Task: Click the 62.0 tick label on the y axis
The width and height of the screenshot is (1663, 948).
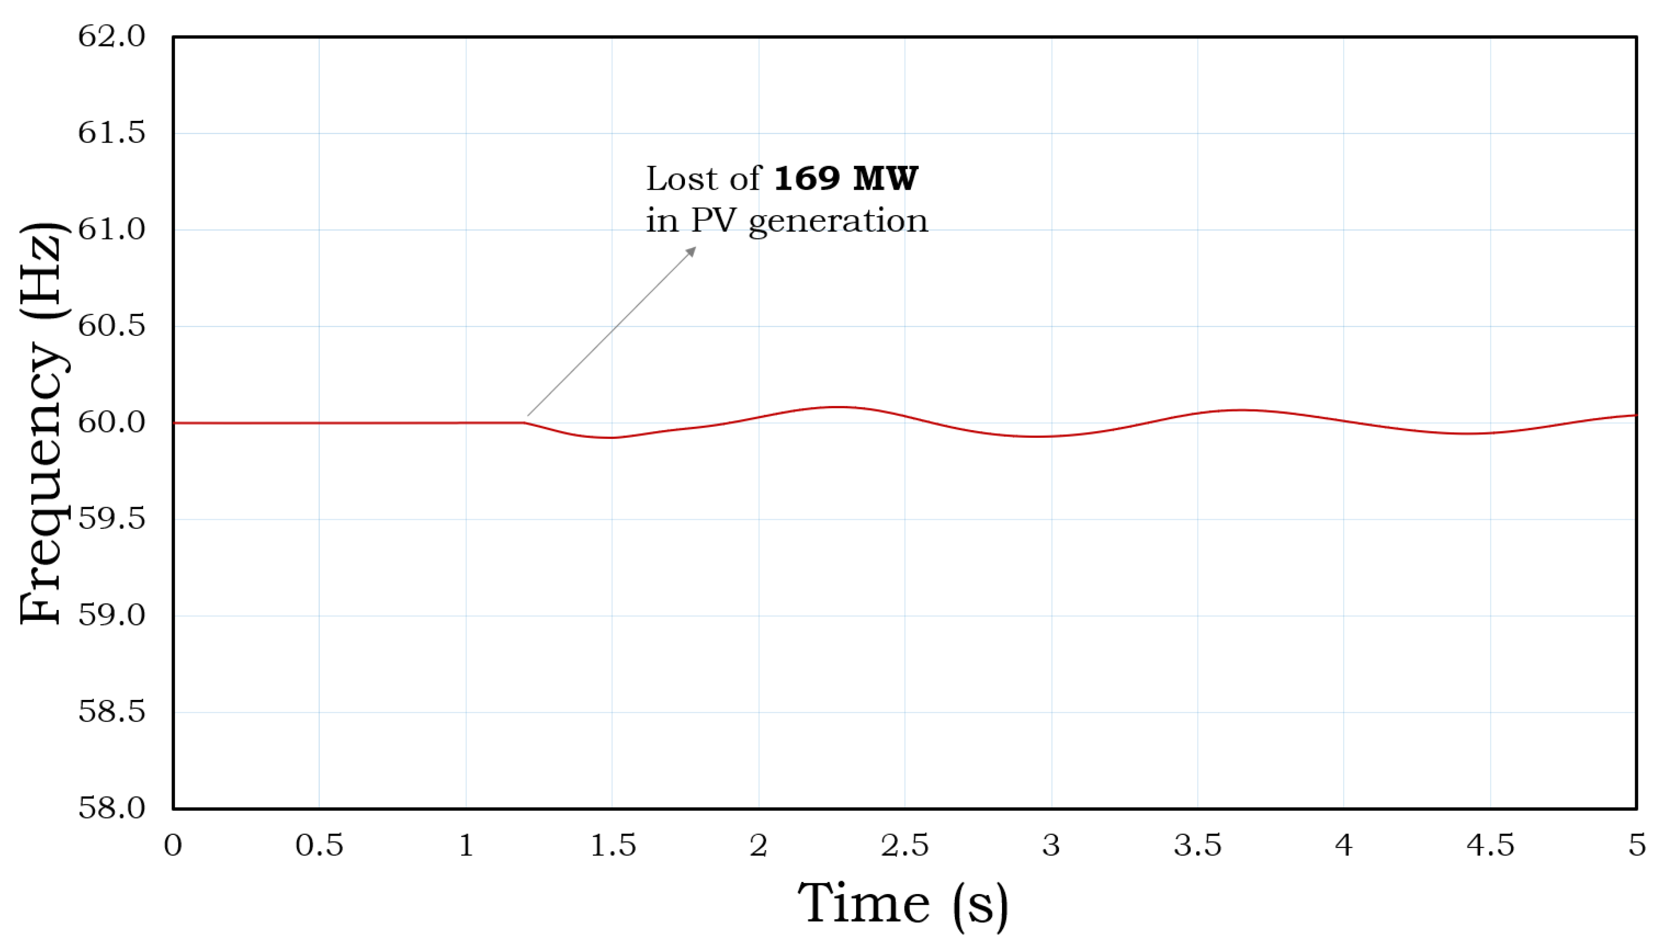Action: [x=111, y=37]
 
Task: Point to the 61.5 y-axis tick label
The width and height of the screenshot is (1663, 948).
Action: [x=111, y=133]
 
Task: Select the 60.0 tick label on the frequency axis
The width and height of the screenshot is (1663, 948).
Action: [x=111, y=422]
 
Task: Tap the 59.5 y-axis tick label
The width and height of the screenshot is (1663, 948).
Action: [x=111, y=519]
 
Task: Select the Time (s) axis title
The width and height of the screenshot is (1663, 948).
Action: [x=903, y=904]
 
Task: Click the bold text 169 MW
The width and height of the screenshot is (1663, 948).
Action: [x=846, y=178]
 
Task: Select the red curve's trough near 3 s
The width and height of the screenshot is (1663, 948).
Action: [x=1035, y=436]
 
